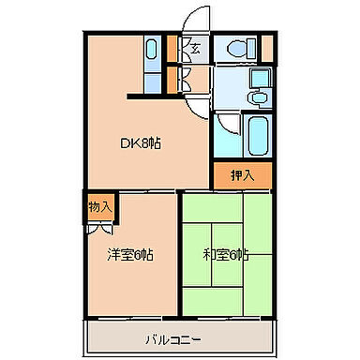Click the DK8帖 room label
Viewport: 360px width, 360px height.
[141, 143]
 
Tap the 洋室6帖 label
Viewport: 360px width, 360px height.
[130, 254]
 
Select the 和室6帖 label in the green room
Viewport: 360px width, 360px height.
[226, 254]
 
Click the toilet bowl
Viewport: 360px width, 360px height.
[238, 47]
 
